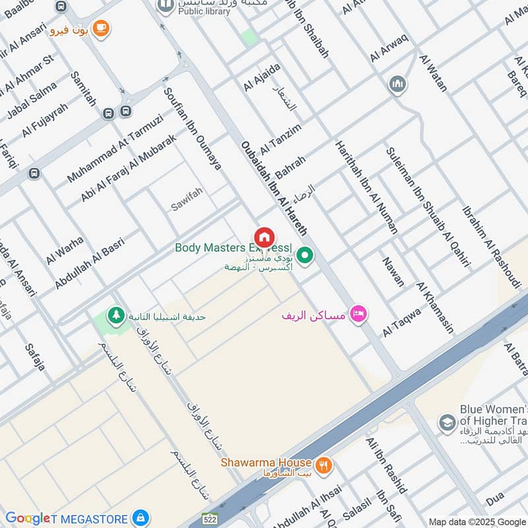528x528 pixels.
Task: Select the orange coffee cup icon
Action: (101, 28)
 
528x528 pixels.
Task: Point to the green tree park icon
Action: (117, 315)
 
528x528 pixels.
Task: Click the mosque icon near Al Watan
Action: (397, 84)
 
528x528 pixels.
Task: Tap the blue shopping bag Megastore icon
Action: (139, 518)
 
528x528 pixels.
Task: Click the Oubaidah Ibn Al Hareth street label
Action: (274, 188)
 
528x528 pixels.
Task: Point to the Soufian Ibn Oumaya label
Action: (192, 129)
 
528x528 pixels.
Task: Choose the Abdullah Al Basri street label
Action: (90, 263)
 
